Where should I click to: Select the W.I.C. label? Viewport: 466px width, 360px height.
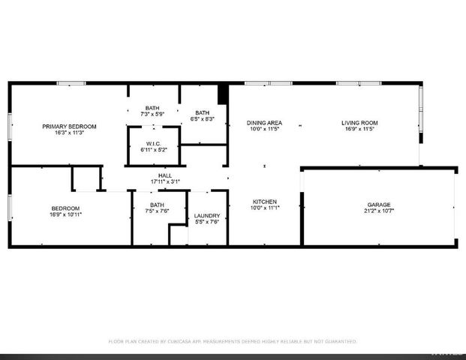[x=154, y=142]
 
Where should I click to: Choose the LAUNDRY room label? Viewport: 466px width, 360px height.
[x=206, y=214]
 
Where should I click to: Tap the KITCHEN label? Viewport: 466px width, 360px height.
[x=265, y=202]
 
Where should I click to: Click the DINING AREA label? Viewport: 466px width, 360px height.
[x=265, y=122]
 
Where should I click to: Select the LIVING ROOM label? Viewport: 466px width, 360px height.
[x=359, y=122]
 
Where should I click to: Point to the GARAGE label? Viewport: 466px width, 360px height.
[x=379, y=204]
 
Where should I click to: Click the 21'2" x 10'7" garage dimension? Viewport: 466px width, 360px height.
[x=379, y=211]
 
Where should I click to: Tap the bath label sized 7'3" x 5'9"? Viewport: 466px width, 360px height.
[x=152, y=108]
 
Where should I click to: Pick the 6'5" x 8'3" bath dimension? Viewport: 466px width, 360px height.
[x=203, y=118]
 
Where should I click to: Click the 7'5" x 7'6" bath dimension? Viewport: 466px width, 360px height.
[x=157, y=211]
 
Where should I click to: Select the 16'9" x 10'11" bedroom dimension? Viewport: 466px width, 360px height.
[x=65, y=214]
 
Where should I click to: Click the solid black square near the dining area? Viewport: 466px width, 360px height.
[x=222, y=95]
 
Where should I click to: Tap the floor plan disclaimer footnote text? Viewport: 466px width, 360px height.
[x=233, y=341]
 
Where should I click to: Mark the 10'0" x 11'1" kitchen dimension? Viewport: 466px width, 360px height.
[x=265, y=208]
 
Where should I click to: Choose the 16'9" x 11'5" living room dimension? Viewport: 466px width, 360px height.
[x=359, y=129]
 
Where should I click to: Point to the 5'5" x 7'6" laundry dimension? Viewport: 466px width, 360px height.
[x=206, y=221]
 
